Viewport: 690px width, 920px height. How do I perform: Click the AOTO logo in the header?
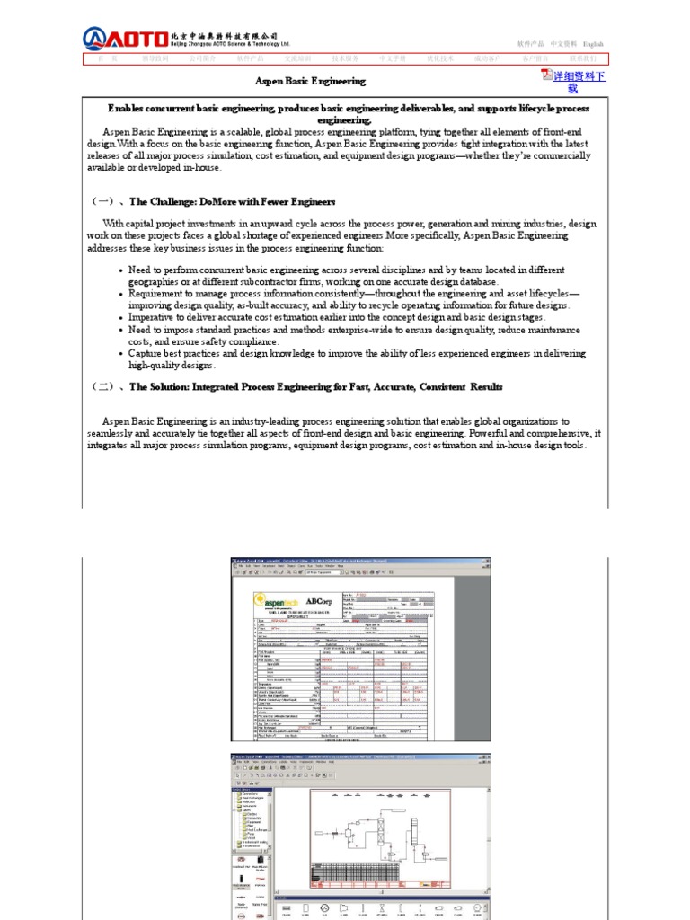pos(125,39)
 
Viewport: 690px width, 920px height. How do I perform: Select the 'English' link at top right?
pos(593,44)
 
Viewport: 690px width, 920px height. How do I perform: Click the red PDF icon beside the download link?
pos(546,75)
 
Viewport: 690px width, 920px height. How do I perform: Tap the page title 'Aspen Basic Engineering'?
pos(310,81)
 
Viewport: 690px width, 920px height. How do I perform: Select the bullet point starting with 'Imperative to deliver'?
pos(337,317)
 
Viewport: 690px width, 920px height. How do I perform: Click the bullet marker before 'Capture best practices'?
pos(121,354)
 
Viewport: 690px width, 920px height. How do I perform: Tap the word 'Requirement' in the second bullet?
pos(159,293)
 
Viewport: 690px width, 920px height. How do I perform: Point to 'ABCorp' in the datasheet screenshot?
pos(319,600)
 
